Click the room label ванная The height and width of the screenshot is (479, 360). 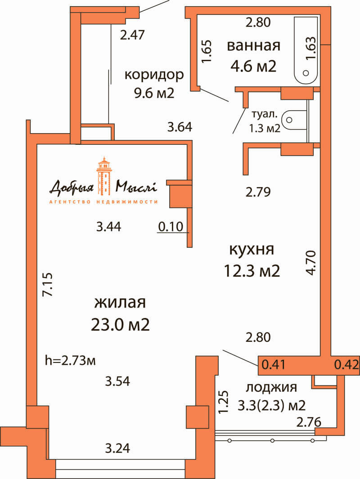click(x=254, y=46)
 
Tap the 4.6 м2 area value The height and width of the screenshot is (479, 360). click(x=253, y=66)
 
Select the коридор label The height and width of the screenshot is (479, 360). click(x=154, y=75)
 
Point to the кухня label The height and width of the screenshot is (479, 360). click(x=252, y=250)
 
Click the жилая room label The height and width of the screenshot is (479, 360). click(x=120, y=302)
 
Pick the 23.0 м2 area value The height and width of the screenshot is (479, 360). click(x=120, y=324)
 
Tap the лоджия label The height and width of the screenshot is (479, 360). click(x=271, y=387)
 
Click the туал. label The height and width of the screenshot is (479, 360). click(x=264, y=114)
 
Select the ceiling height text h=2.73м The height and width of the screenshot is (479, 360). click(x=70, y=360)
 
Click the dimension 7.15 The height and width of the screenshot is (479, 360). click(x=48, y=284)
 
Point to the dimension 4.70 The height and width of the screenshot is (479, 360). click(x=310, y=263)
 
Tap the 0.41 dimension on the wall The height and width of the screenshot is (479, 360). click(x=274, y=365)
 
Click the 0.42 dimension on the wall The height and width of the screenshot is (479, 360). click(x=346, y=365)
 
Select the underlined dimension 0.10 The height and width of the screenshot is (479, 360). click(x=171, y=227)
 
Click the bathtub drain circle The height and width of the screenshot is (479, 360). click(x=306, y=73)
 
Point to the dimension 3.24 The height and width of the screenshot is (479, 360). click(x=117, y=448)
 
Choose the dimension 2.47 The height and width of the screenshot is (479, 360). click(x=132, y=35)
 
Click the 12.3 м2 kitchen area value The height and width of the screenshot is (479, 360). click(x=252, y=271)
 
